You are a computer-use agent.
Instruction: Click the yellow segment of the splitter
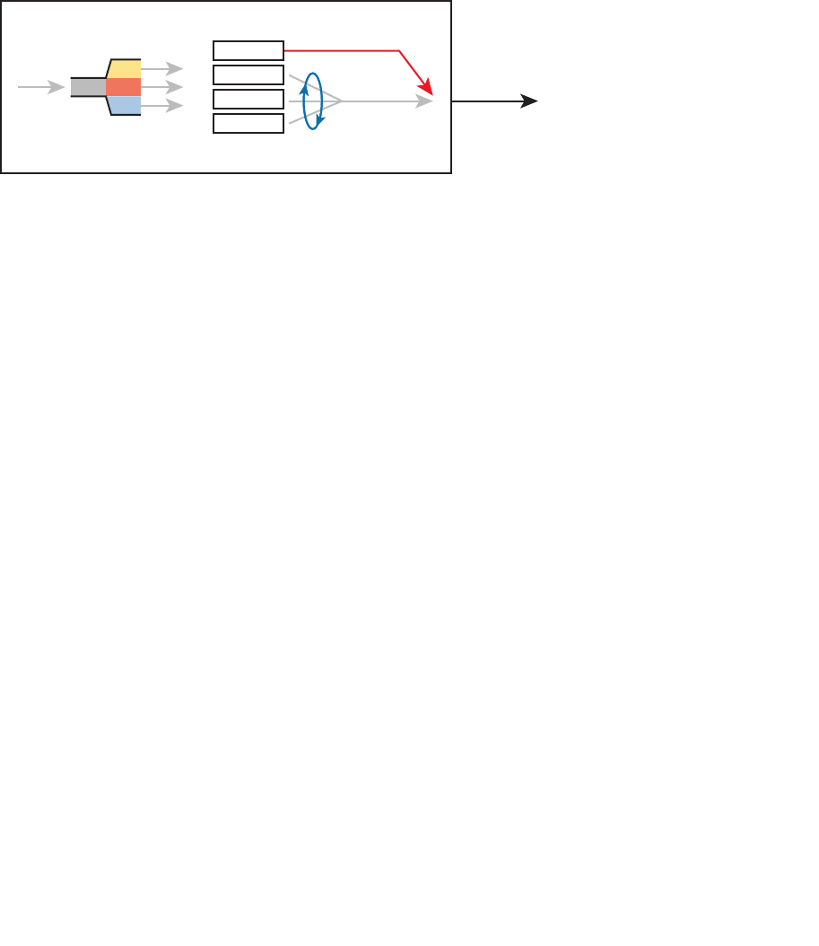click(x=124, y=69)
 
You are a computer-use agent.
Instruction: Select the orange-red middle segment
click(x=123, y=87)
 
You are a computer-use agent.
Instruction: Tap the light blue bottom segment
click(x=124, y=105)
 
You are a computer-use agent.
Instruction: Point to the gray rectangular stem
click(x=88, y=87)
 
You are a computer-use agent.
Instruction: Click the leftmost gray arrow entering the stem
click(x=40, y=87)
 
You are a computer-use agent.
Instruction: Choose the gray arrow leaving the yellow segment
click(x=162, y=68)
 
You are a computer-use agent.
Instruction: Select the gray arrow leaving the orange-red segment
click(x=162, y=87)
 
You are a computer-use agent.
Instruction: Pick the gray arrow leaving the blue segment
click(x=162, y=106)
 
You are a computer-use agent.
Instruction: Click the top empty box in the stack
click(x=248, y=50)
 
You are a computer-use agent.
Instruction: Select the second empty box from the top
click(x=248, y=74)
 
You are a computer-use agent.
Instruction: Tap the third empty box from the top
click(x=248, y=99)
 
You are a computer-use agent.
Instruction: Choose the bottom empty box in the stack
click(x=248, y=123)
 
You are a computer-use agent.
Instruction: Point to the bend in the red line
click(x=398, y=51)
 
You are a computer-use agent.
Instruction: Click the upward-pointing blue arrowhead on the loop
click(x=304, y=89)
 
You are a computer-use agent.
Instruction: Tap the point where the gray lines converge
click(x=342, y=102)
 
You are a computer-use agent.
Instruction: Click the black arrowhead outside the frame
click(x=529, y=102)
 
